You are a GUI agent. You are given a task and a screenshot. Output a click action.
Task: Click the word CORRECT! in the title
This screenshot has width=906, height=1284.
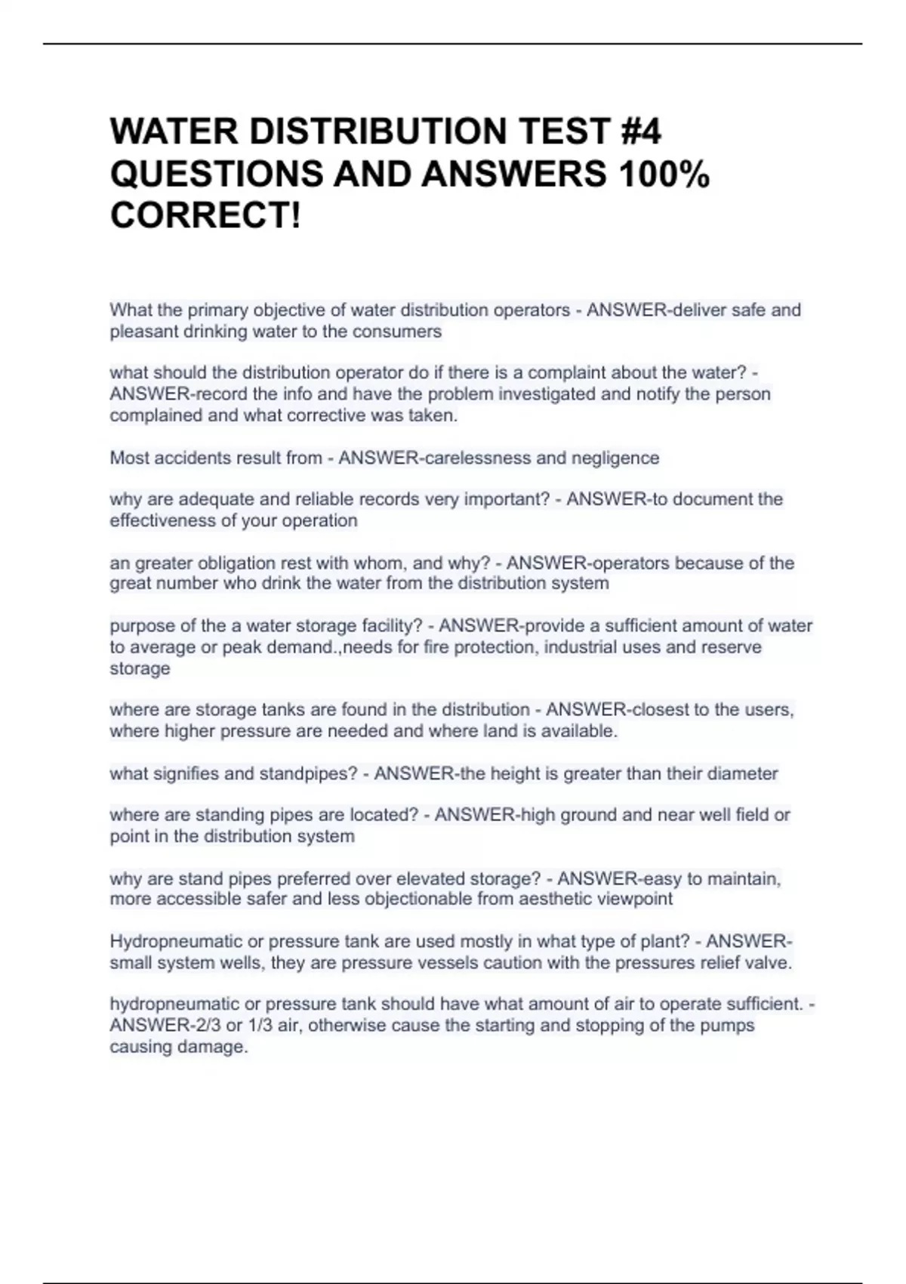205,216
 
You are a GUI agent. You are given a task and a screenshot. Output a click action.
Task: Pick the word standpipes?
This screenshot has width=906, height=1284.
308,773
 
